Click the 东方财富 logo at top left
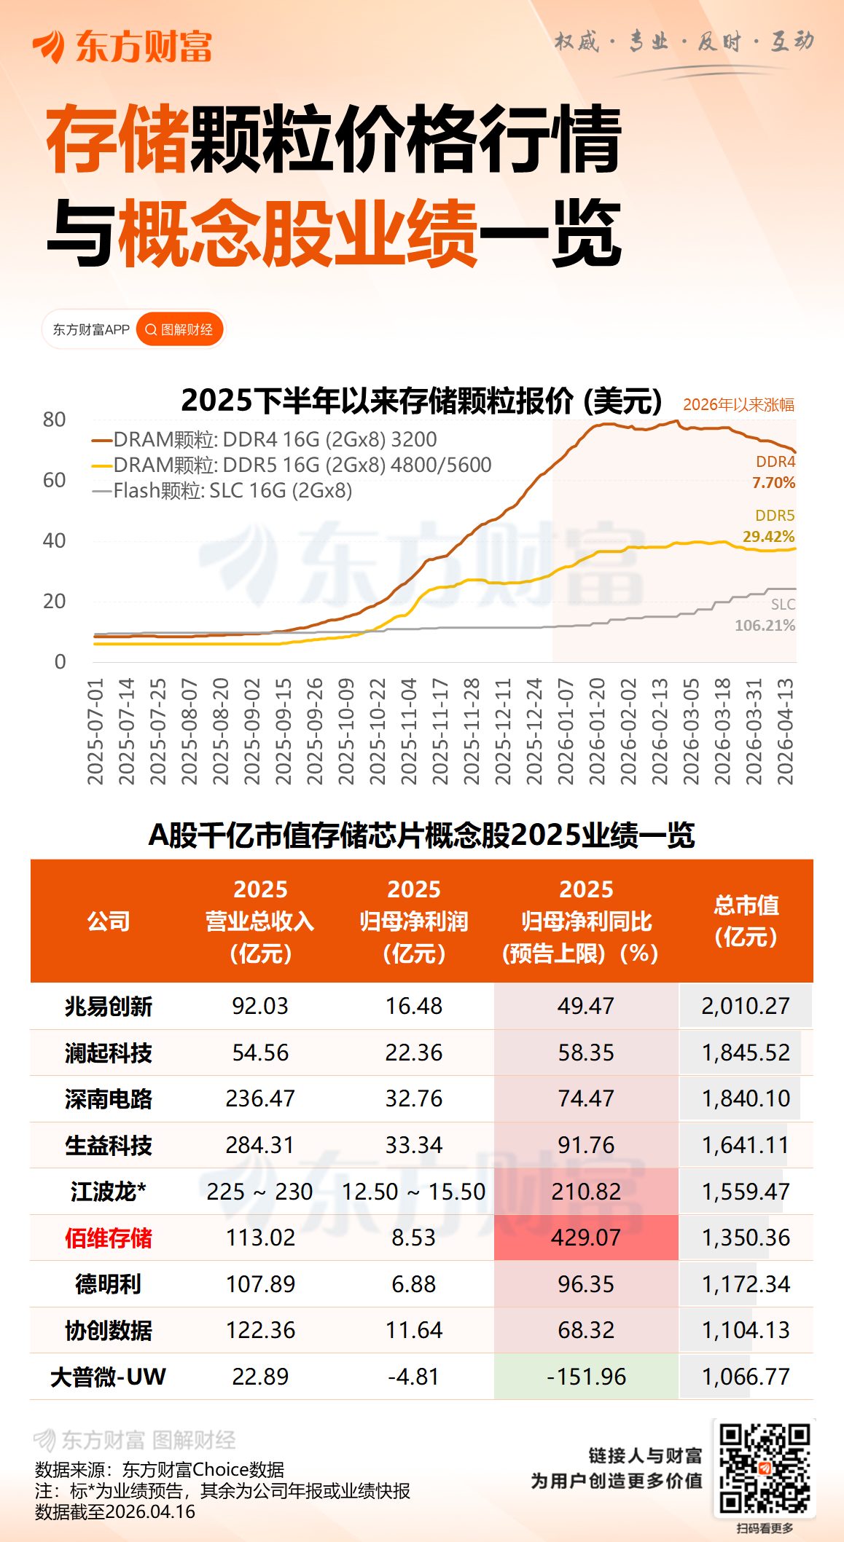(x=122, y=47)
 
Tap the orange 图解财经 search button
(x=179, y=330)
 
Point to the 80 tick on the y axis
(x=55, y=420)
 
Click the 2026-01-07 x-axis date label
(x=566, y=731)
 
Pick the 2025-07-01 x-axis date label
(x=95, y=731)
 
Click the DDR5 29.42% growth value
(x=768, y=537)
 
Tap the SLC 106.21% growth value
(x=765, y=625)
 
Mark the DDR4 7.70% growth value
(x=773, y=483)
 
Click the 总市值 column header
(x=746, y=921)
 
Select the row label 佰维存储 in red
(x=109, y=1238)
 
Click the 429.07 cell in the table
(x=586, y=1238)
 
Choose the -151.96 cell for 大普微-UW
(x=586, y=1377)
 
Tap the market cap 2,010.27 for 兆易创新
(x=746, y=1006)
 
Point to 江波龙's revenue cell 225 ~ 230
(x=259, y=1192)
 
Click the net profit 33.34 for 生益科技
(x=413, y=1145)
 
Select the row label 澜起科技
(x=109, y=1053)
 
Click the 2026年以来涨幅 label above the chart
(x=738, y=405)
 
